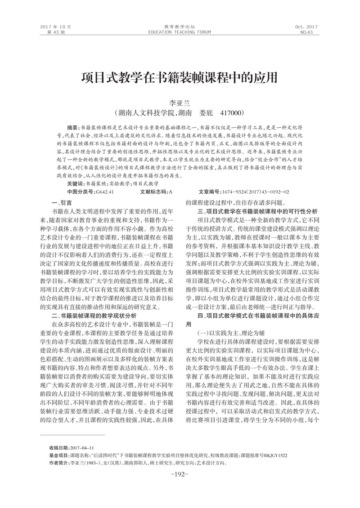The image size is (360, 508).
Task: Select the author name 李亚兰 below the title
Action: point(180,103)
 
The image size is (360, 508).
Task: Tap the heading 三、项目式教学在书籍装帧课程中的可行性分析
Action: point(257,211)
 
